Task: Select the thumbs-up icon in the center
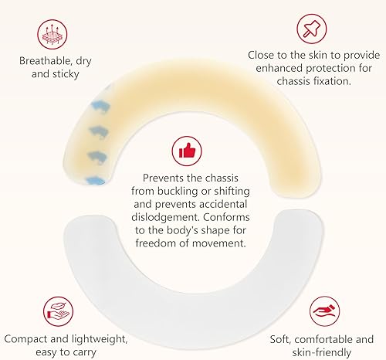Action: [x=188, y=149]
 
